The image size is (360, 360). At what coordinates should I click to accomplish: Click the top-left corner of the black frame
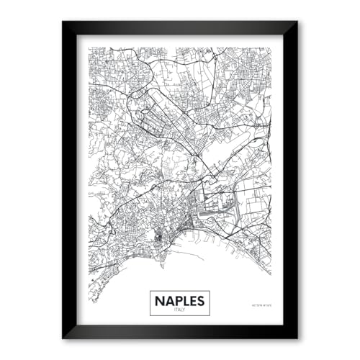tap(63, 22)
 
